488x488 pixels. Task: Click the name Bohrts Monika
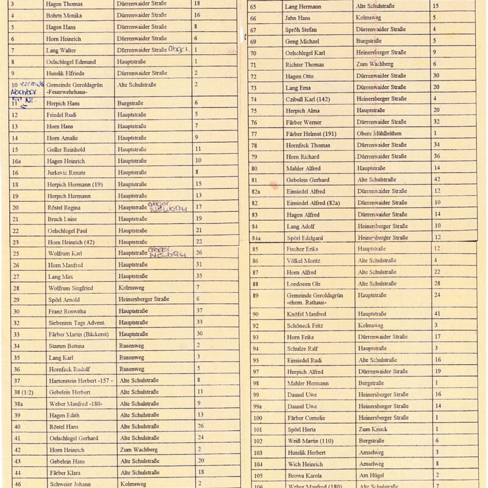coord(64,15)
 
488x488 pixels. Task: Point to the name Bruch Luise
coord(62,219)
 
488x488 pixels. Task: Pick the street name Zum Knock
coord(372,429)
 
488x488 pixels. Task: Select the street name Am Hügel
coord(370,475)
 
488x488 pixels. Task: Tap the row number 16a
coord(16,161)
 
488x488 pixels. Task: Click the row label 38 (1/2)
coord(21,392)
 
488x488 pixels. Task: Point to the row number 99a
coord(257,406)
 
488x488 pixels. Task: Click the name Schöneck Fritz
coord(306,326)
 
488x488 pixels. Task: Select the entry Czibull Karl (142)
coord(307,99)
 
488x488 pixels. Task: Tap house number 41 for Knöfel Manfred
coord(437,314)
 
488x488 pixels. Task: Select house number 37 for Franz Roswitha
coord(199,311)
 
